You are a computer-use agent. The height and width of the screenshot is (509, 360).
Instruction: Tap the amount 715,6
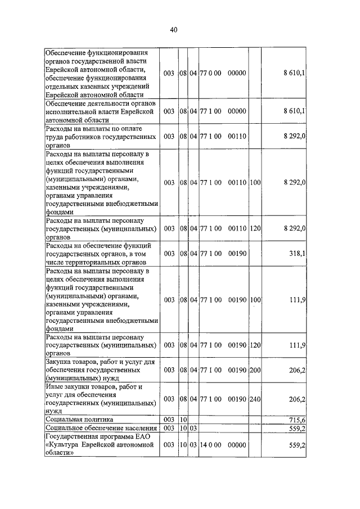[296, 420]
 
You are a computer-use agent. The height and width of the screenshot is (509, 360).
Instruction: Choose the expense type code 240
[255, 399]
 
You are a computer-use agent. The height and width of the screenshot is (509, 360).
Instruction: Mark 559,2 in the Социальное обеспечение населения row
[296, 428]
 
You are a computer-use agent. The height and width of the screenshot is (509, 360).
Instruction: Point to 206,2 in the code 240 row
[296, 399]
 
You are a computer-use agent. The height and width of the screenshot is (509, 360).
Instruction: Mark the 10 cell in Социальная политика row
[183, 420]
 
